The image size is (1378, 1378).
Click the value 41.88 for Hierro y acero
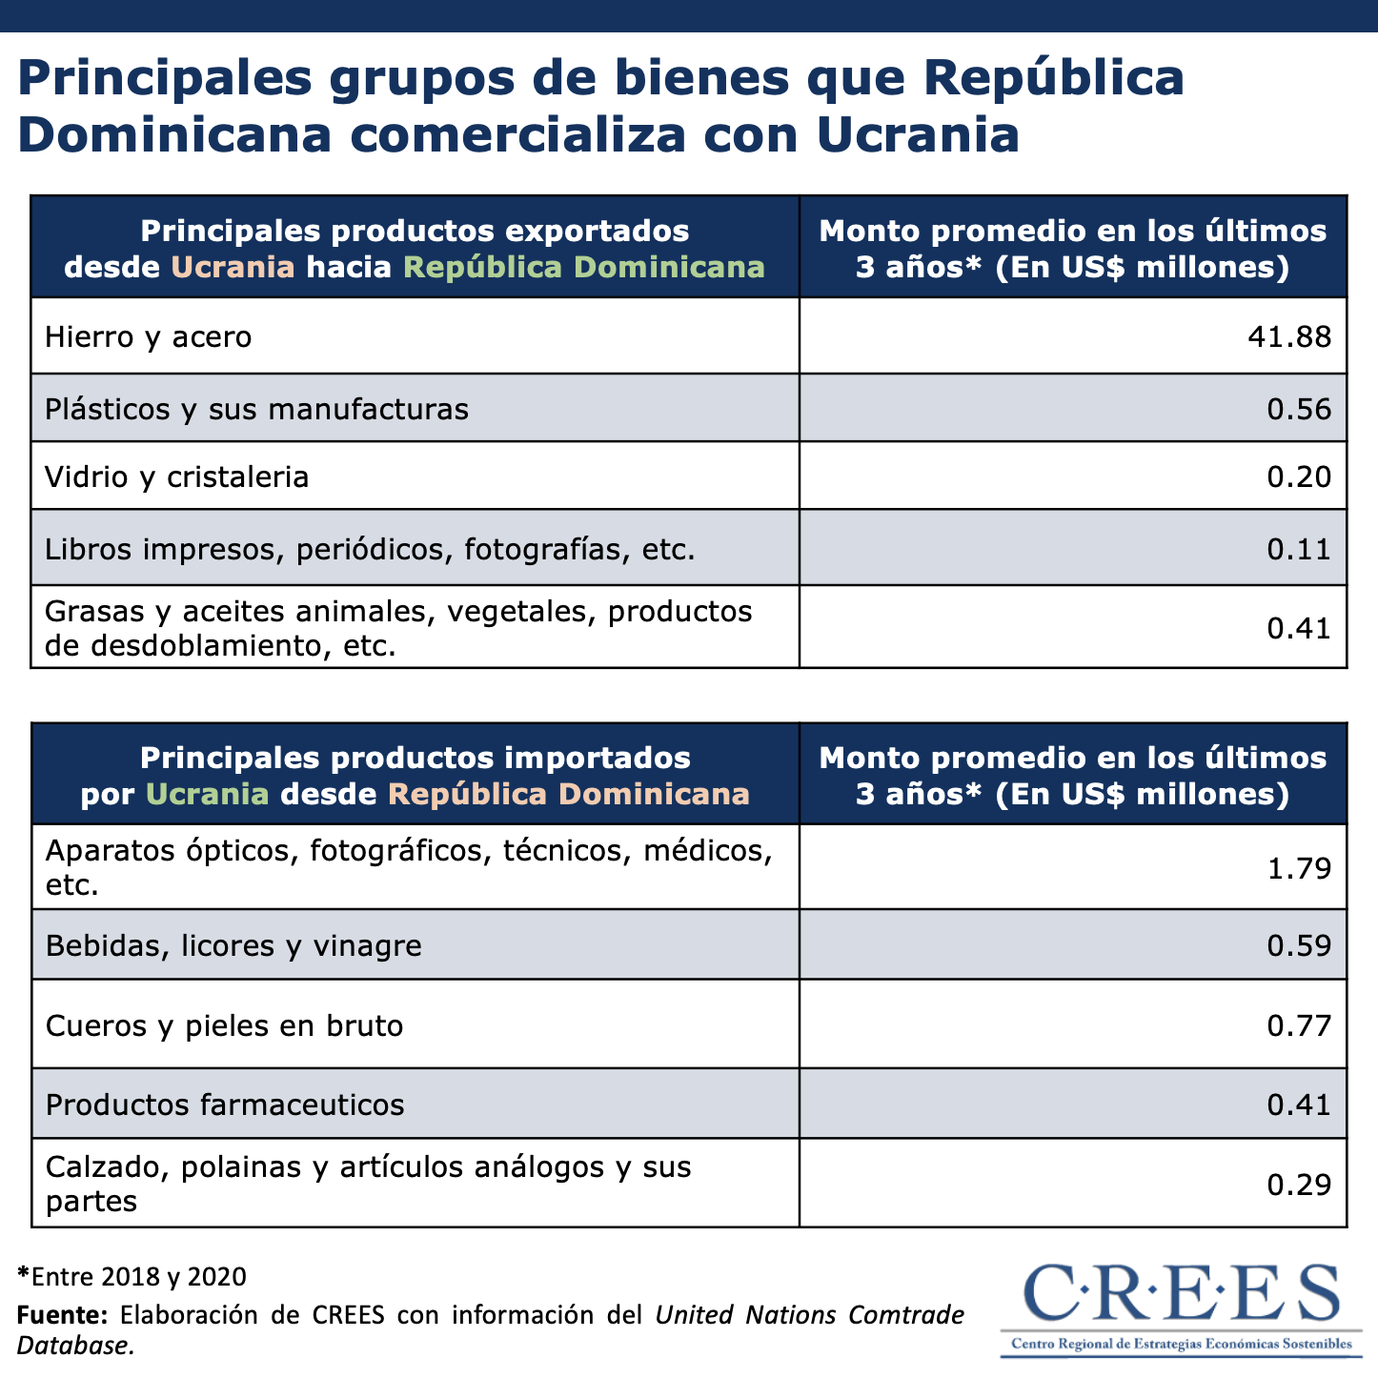(1289, 336)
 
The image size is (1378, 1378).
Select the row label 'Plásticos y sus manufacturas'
(256, 409)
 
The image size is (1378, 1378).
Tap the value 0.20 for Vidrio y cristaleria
(1298, 476)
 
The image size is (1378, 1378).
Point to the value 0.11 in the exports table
(1298, 549)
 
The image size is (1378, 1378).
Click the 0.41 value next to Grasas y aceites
(1298, 628)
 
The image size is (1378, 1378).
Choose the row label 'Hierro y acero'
(148, 336)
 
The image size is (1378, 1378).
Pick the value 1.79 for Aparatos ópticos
(1298, 868)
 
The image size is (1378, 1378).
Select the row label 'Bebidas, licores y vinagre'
(233, 945)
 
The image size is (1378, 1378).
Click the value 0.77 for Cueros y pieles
(1298, 1025)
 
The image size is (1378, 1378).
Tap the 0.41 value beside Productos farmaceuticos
(1298, 1104)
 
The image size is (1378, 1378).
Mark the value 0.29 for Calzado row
(1298, 1185)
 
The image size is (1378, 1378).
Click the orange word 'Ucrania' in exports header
(233, 267)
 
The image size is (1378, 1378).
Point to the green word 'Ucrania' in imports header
(208, 794)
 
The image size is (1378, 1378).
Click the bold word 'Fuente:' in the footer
(62, 1315)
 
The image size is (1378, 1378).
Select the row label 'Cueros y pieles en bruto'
(224, 1025)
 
